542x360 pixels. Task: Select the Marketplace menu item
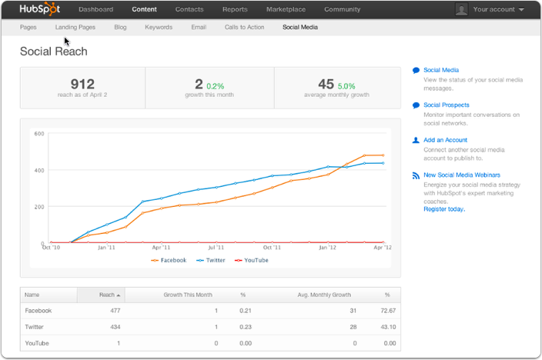[x=286, y=9]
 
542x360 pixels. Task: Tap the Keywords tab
[x=159, y=27]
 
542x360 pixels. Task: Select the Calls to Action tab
[x=246, y=27]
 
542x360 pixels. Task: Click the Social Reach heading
[x=54, y=52]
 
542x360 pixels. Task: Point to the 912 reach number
[x=82, y=84]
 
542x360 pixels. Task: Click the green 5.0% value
[x=346, y=86]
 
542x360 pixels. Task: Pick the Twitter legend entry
[x=213, y=260]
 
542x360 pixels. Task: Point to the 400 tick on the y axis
[x=38, y=170]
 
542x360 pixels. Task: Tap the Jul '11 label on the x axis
[x=216, y=248]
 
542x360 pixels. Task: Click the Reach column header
[x=107, y=295]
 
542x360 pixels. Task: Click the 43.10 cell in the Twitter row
[x=386, y=326]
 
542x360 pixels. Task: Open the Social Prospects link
[x=446, y=105]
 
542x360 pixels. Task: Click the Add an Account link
[x=445, y=140]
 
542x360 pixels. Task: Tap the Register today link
[x=443, y=208]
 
